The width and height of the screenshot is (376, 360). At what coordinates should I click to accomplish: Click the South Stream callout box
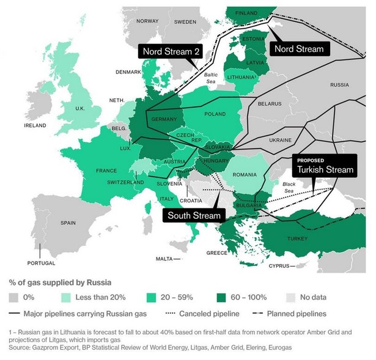coord(194,215)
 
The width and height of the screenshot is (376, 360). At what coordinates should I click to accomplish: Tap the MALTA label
coord(164,259)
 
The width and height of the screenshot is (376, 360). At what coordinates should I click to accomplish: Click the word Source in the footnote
coord(21,347)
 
